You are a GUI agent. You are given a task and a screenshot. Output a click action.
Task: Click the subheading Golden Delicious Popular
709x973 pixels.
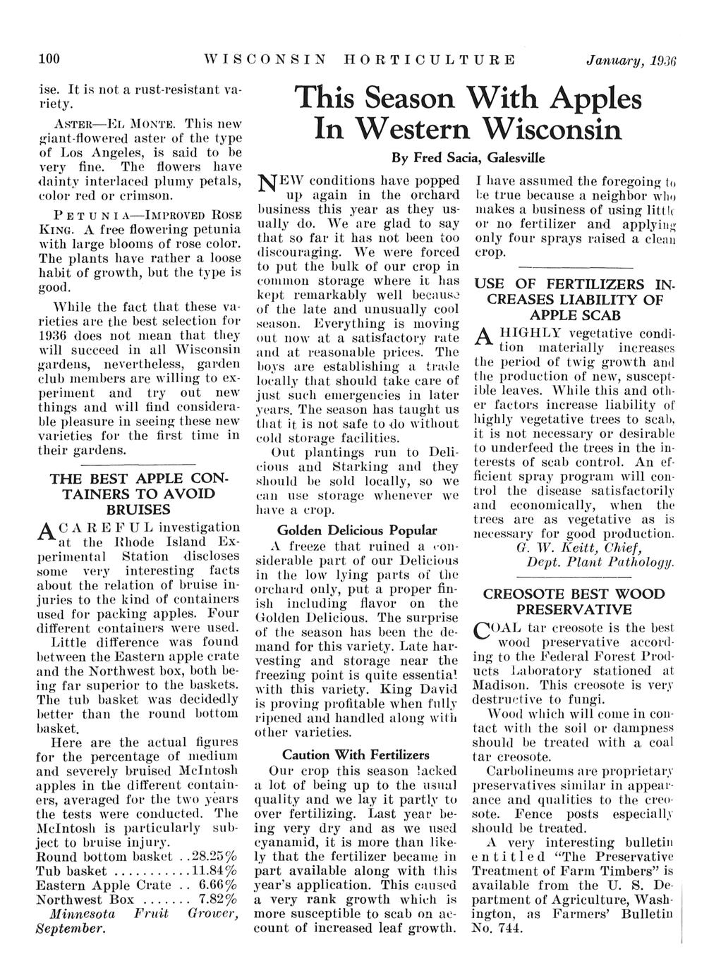[357, 530]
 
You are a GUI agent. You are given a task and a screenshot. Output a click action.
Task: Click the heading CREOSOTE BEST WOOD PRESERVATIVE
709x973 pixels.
[574, 601]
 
